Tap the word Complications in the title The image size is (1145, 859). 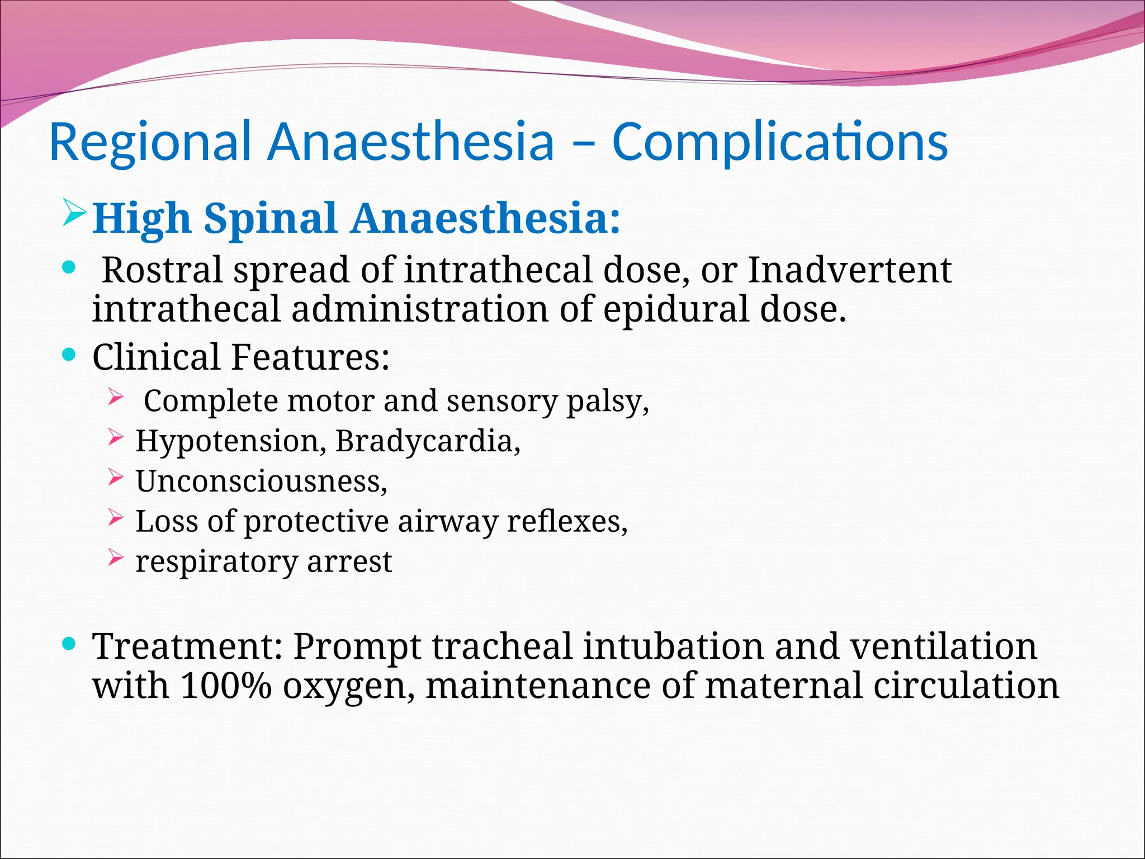(x=780, y=142)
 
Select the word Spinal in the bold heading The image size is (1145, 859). (x=270, y=219)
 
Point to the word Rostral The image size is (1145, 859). (x=162, y=270)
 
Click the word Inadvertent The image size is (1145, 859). (x=849, y=270)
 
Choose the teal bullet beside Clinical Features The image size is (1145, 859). (x=69, y=355)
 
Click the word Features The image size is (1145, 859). (x=310, y=357)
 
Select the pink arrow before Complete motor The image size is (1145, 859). (x=115, y=398)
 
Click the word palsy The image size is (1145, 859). (x=607, y=402)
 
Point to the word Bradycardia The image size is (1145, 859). (x=427, y=441)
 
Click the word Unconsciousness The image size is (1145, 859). (x=261, y=481)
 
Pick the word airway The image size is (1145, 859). (x=448, y=522)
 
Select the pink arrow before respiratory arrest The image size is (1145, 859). (x=115, y=558)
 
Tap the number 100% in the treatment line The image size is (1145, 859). (x=226, y=686)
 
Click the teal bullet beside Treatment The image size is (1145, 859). (x=69, y=644)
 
